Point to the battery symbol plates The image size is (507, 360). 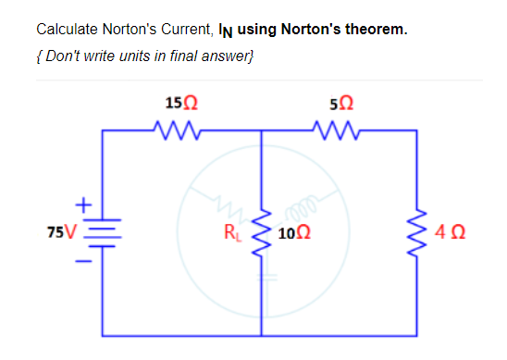pyautogui.click(x=103, y=230)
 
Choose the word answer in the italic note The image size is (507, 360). pyautogui.click(x=224, y=56)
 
